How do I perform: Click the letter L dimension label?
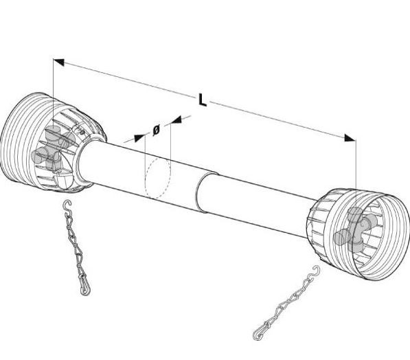(x=202, y=100)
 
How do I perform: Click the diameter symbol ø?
(x=156, y=130)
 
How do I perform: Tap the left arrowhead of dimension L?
(x=58, y=63)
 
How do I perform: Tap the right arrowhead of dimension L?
(x=350, y=138)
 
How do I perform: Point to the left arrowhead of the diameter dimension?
(x=139, y=138)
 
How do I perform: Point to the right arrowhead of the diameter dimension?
(x=176, y=120)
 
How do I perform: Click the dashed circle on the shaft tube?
(x=158, y=179)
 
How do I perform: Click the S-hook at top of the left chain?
(x=68, y=205)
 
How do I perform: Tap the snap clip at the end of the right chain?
(x=260, y=333)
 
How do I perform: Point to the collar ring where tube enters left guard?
(x=80, y=161)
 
